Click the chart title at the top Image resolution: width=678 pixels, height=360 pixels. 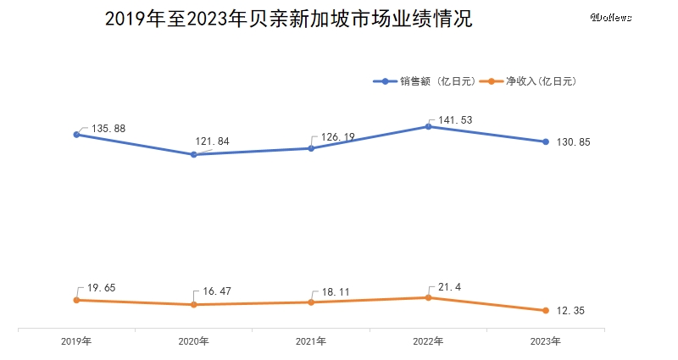[x=287, y=19]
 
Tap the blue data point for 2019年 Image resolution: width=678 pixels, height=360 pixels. [x=76, y=134]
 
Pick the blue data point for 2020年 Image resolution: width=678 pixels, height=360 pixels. [x=193, y=154]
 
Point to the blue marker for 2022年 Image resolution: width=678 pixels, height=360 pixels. [x=428, y=126]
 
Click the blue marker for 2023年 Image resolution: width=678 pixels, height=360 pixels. [x=545, y=141]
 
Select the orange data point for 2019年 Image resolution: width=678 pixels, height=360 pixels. [x=76, y=300]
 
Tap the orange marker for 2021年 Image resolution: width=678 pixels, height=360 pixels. [x=311, y=302]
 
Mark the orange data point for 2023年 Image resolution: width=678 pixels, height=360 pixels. [x=545, y=310]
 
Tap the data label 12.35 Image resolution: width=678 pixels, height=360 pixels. [x=573, y=311]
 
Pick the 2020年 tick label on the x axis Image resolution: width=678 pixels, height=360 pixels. [x=193, y=341]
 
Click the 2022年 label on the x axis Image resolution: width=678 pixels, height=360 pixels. [x=428, y=341]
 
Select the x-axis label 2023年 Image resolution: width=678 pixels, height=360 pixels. [x=545, y=341]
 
